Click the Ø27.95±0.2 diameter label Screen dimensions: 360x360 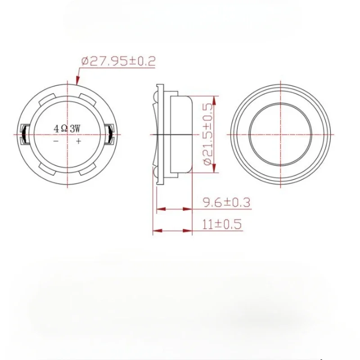(118, 61)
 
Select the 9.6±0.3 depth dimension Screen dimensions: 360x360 (227, 202)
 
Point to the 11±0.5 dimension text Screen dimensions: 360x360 (222, 224)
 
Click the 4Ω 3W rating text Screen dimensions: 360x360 (67, 129)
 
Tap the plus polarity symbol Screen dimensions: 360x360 (78, 141)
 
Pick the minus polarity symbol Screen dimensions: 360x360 (56, 141)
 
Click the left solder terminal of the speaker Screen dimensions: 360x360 (25, 134)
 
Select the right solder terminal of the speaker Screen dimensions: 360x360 (109, 134)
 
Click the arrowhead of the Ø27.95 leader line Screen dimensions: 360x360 (77, 81)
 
